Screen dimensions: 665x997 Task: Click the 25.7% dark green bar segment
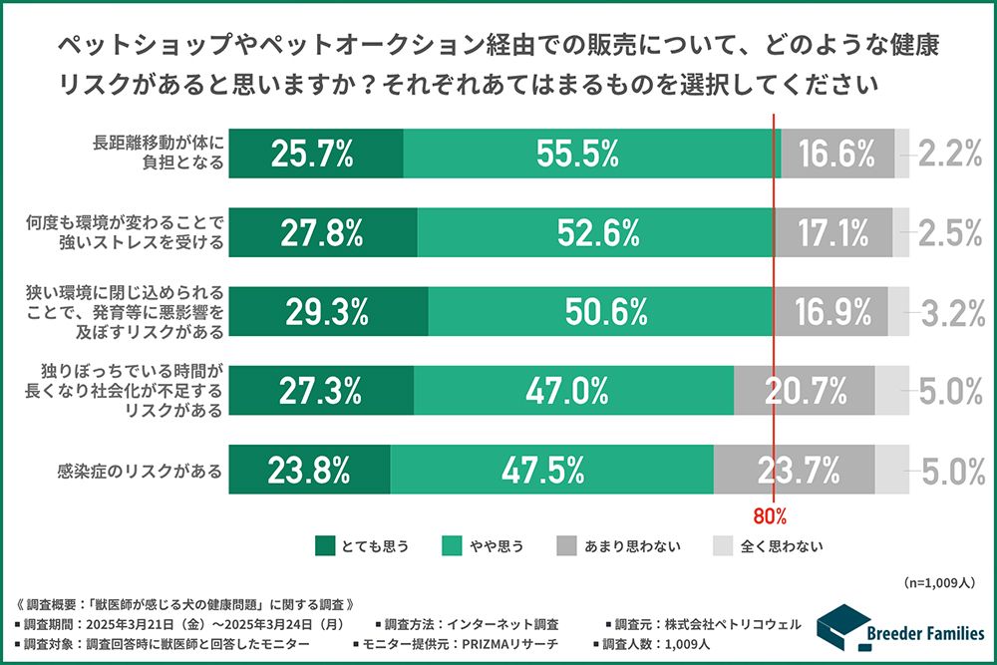click(315, 154)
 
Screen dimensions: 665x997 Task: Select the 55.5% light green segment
click(592, 154)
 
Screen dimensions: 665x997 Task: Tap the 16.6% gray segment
click(836, 154)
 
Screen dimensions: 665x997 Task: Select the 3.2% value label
click(952, 312)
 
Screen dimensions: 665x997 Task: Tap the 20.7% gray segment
click(804, 391)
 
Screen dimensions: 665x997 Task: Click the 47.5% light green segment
click(551, 470)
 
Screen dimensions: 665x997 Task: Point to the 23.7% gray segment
click(794, 470)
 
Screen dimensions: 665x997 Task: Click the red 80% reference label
click(771, 516)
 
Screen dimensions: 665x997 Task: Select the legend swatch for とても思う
click(324, 545)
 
